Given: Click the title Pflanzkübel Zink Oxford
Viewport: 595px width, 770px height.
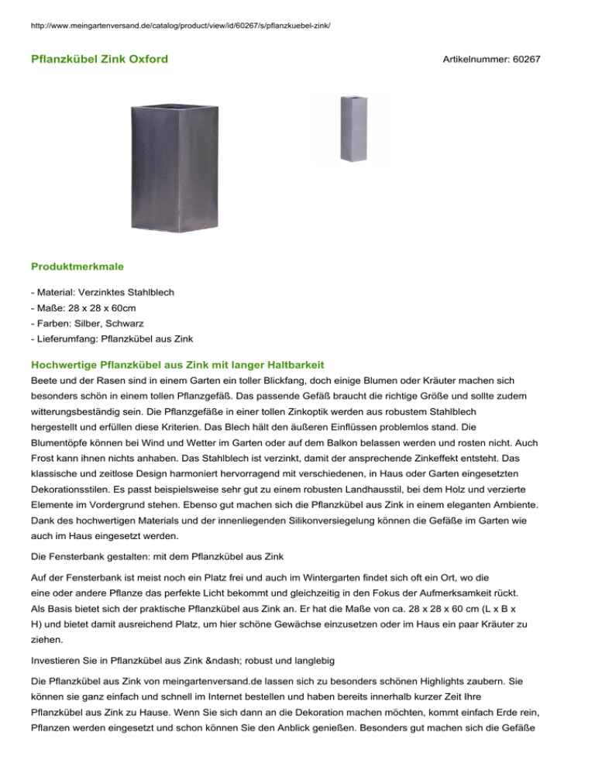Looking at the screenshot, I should pos(99,59).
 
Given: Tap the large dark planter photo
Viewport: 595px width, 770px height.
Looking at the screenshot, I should pos(171,163).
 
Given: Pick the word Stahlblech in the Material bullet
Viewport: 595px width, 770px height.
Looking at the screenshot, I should pos(147,292).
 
